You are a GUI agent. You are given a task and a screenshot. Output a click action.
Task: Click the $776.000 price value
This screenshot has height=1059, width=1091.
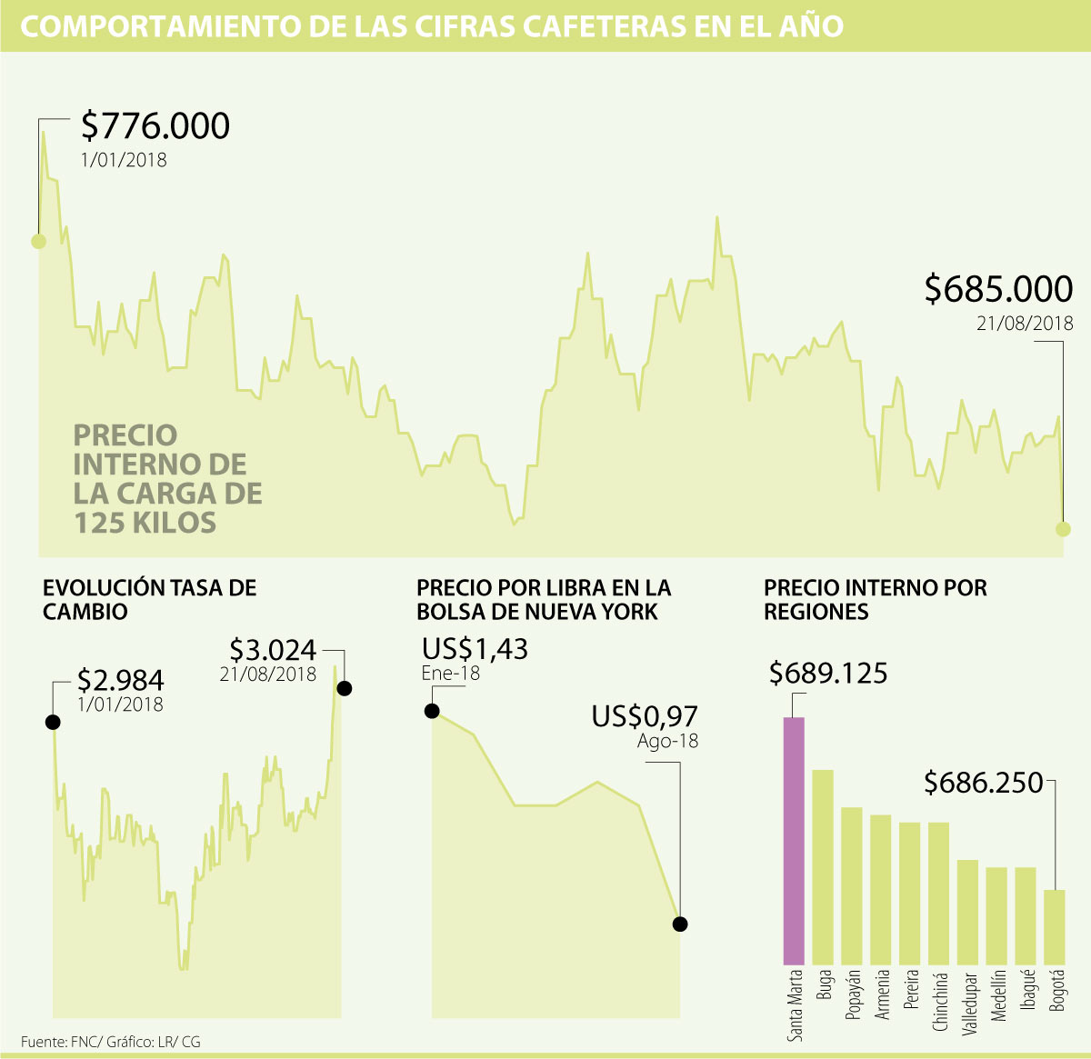[155, 125]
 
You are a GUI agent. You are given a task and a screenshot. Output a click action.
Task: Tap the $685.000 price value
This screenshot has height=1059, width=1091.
[998, 289]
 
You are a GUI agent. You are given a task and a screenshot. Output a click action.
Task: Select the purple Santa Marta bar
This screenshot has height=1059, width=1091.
[794, 841]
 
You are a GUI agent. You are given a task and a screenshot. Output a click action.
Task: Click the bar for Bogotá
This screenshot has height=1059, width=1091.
[1055, 927]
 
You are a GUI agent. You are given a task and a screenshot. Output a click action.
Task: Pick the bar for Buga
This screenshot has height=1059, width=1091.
[823, 867]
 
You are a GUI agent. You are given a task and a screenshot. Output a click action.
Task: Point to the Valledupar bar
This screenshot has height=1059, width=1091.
[967, 912]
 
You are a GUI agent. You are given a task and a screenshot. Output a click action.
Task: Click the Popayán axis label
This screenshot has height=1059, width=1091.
[853, 994]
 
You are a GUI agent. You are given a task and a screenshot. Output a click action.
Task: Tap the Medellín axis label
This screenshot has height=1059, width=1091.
[998, 995]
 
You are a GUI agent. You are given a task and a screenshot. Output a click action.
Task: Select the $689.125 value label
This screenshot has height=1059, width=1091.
[828, 674]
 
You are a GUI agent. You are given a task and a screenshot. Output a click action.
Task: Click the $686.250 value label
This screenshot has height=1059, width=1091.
[983, 783]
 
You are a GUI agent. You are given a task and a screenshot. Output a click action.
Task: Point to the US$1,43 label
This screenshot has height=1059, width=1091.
[475, 649]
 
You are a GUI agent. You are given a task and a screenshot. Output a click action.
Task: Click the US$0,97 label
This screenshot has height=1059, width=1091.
[645, 716]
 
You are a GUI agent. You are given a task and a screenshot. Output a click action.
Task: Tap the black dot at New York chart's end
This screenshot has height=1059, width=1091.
[680, 924]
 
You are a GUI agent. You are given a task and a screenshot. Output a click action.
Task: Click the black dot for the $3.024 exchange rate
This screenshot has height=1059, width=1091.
[344, 688]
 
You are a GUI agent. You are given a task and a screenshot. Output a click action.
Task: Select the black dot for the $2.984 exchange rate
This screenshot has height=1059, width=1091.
[53, 722]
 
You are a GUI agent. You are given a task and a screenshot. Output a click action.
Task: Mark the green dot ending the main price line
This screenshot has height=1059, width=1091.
[1063, 529]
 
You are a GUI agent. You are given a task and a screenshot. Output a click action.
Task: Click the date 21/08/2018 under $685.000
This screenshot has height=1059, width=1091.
[1025, 324]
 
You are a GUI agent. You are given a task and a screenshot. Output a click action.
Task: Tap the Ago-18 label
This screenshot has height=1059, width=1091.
[667, 741]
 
